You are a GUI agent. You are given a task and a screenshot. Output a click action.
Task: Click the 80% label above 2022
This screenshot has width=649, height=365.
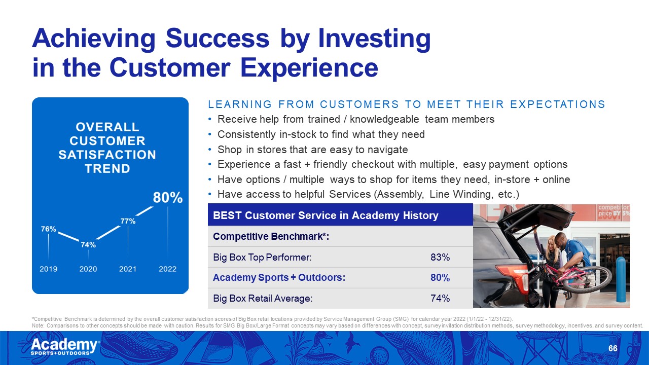(x=168, y=198)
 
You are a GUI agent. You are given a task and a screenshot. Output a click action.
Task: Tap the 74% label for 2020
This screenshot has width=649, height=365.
(x=88, y=245)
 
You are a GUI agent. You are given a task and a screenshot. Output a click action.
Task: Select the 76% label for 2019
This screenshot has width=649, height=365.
(x=48, y=229)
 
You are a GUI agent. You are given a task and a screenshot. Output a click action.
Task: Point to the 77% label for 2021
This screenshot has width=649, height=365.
(x=128, y=221)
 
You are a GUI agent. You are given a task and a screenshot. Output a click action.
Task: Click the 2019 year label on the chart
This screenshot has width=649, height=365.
(x=48, y=269)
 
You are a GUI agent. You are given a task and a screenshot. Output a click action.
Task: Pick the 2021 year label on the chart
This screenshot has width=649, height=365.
(x=128, y=269)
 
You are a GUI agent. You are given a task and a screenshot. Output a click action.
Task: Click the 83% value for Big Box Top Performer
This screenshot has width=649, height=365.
(x=440, y=257)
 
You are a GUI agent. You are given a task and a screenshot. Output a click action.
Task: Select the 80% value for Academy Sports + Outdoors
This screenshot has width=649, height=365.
(x=440, y=277)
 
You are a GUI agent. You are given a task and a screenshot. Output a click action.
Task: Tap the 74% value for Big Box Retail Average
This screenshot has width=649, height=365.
(x=440, y=298)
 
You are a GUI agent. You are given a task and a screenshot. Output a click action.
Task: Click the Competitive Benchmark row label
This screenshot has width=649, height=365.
(x=271, y=236)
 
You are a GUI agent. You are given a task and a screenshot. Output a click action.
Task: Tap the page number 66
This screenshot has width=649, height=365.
(x=613, y=348)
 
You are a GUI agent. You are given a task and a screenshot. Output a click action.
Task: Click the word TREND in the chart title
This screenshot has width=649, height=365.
(x=107, y=169)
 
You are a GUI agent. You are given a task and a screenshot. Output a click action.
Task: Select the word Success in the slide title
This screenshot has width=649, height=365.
(x=218, y=38)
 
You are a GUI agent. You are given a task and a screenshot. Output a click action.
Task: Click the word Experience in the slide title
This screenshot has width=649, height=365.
(x=309, y=68)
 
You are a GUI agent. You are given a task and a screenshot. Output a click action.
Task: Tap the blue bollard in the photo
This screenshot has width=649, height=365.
(x=621, y=279)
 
